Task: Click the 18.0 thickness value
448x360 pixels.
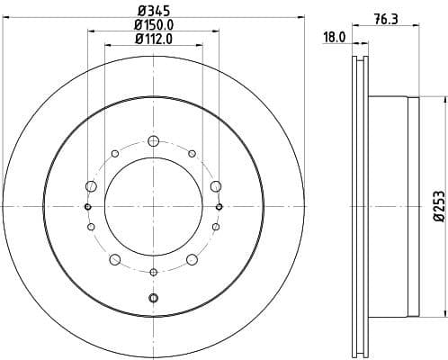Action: (x=335, y=38)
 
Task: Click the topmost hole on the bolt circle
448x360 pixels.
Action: (x=153, y=140)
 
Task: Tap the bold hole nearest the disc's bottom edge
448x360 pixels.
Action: (x=153, y=298)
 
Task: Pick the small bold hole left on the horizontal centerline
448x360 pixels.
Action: (x=87, y=207)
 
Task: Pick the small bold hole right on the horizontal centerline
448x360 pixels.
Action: (x=220, y=207)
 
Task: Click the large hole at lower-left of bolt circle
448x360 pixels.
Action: (x=114, y=260)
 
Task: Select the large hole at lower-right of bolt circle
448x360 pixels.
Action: (x=192, y=260)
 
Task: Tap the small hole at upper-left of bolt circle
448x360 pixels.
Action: (x=114, y=154)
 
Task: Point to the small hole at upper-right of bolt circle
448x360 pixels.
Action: (x=192, y=154)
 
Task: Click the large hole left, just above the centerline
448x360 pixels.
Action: (x=90, y=186)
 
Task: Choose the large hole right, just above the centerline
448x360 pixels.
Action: (x=216, y=186)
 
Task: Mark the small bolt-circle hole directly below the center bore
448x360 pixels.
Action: (x=153, y=272)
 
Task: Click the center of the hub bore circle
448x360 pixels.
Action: (x=153, y=207)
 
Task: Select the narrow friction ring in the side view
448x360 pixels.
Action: (x=359, y=207)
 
